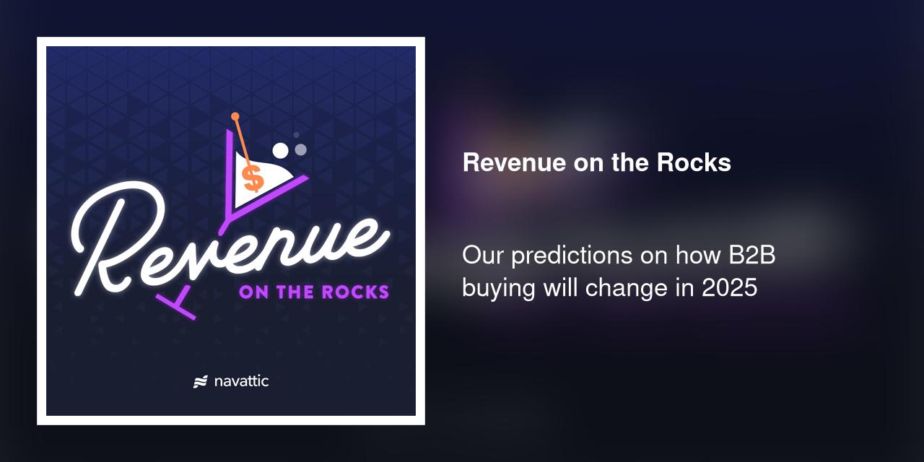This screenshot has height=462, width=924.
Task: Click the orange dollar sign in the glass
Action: tap(252, 178)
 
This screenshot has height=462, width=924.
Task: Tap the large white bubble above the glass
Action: tap(281, 151)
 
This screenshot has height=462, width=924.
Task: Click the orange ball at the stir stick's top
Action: tap(235, 117)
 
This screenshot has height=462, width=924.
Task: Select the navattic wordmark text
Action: tap(241, 381)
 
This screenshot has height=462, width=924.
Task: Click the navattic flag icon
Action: tap(201, 382)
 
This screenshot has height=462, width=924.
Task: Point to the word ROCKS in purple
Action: tap(356, 292)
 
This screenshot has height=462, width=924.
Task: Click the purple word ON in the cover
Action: tap(253, 292)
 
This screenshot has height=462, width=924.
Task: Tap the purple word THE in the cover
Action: tap(295, 292)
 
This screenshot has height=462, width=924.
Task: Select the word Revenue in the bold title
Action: tap(514, 162)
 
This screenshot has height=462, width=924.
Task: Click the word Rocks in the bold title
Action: tap(694, 162)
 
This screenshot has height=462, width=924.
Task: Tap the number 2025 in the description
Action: tap(730, 287)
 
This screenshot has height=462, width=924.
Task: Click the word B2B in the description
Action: tap(752, 256)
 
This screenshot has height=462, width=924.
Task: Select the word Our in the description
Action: tap(483, 256)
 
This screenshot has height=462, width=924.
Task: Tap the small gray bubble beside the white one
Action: tap(301, 149)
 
